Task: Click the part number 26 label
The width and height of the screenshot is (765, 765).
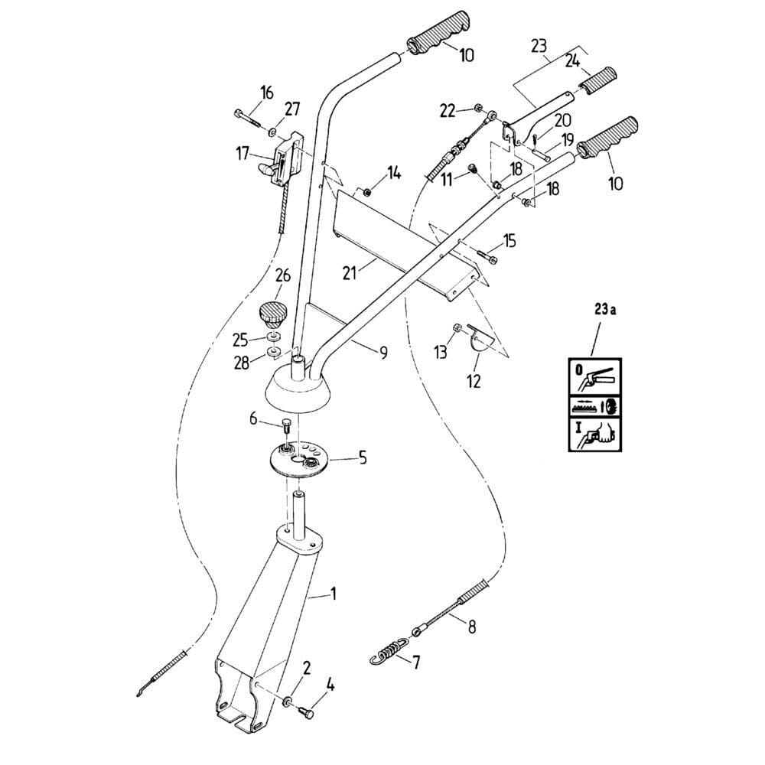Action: [283, 275]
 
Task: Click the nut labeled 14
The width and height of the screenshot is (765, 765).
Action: [367, 191]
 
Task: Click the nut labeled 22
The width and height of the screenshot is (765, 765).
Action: [477, 109]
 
